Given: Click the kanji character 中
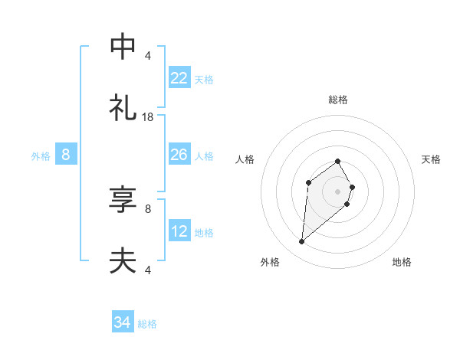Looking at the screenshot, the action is (x=123, y=47).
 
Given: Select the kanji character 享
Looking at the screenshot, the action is (x=123, y=201).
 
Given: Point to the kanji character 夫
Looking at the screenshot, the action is (x=123, y=261).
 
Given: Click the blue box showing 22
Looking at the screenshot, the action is (x=179, y=78).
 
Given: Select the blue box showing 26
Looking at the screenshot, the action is (x=179, y=155).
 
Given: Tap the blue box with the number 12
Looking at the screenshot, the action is (x=179, y=231).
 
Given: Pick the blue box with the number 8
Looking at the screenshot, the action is (x=66, y=155).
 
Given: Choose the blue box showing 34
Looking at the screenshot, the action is (x=122, y=322).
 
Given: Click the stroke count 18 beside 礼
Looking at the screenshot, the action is (x=148, y=116).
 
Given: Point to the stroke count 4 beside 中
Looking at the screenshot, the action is (x=148, y=55).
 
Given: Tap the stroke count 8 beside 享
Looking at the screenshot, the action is (x=148, y=208).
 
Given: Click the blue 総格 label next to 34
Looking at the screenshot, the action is (x=147, y=324).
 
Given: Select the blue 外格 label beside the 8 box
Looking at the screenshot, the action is (x=41, y=156).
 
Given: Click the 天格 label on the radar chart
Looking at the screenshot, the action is (x=431, y=159).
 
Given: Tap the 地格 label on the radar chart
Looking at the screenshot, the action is (x=402, y=262).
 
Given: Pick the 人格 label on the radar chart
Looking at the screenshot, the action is (x=245, y=159).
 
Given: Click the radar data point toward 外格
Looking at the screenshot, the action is (x=301, y=242).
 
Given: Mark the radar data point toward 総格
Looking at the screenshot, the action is (x=338, y=161).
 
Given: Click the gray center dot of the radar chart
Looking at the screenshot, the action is (x=337, y=191).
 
